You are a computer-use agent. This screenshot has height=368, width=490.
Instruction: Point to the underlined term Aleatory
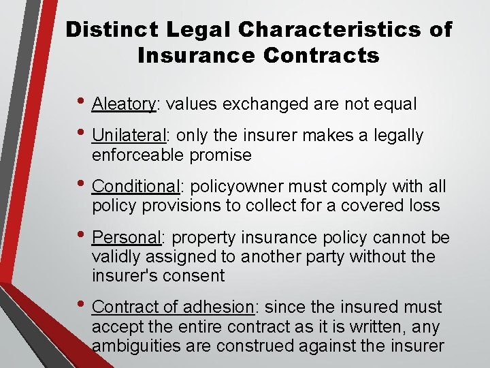[x=124, y=104]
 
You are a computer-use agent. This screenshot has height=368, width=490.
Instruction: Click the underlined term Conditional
[x=135, y=186]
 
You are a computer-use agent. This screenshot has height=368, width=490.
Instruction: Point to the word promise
[x=221, y=155]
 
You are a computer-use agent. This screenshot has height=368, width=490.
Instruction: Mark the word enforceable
[x=140, y=155]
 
